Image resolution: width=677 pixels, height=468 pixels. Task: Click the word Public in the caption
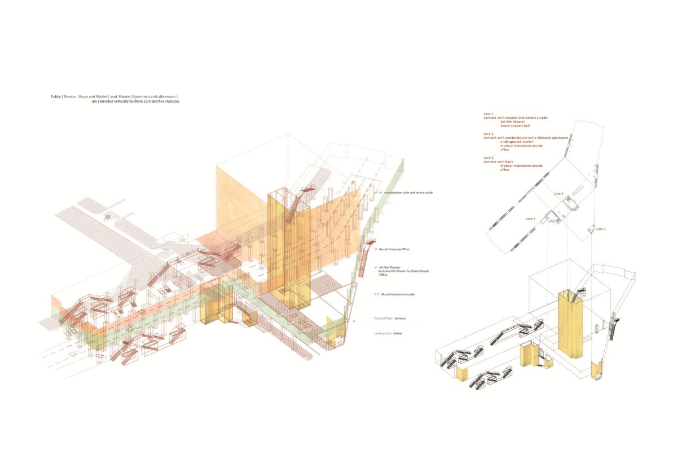coord(56,97)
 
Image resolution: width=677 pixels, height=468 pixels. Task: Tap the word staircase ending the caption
coord(171,101)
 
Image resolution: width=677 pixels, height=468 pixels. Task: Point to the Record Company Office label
coord(395,249)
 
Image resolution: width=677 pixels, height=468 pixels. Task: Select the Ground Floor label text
coord(383,319)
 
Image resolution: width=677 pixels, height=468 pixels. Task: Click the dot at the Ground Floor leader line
coord(354,321)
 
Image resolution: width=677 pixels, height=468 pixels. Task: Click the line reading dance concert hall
coord(516,125)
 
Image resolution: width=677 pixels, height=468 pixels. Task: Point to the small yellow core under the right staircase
coord(596,371)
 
